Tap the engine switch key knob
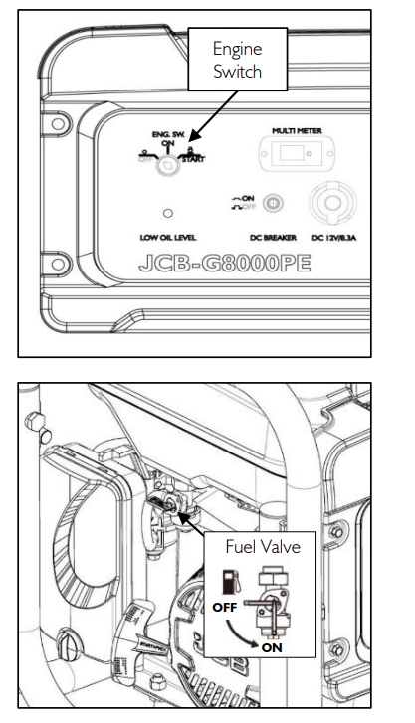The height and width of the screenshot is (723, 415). point(172,168)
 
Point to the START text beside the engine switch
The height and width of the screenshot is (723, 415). point(193,158)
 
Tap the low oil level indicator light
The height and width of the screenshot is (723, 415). point(170,213)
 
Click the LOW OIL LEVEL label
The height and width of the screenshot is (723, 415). point(171,239)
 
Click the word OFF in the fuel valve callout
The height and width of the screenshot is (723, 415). point(223,605)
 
